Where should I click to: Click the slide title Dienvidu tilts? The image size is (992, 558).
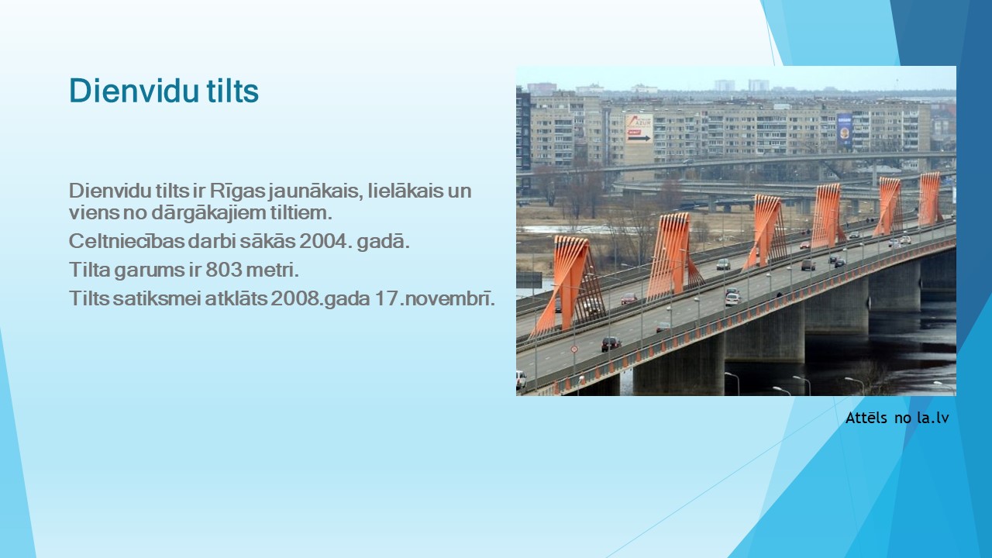pyautogui.click(x=164, y=91)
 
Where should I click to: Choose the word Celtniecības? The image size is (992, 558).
pyautogui.click(x=126, y=241)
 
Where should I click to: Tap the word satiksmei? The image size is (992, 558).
pyautogui.click(x=157, y=298)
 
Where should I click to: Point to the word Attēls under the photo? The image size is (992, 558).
pyautogui.click(x=866, y=418)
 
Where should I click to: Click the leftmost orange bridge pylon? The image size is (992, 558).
pyautogui.click(x=569, y=284)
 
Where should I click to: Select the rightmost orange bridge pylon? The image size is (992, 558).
pyautogui.click(x=929, y=198)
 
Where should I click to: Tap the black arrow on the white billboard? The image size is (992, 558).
pyautogui.click(x=639, y=138)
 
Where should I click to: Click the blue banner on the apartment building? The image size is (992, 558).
pyautogui.click(x=845, y=129)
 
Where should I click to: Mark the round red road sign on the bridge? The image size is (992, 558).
pyautogui.click(x=574, y=349)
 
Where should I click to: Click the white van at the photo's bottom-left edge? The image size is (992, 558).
pyautogui.click(x=521, y=380)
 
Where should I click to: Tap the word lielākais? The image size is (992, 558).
pyautogui.click(x=405, y=191)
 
